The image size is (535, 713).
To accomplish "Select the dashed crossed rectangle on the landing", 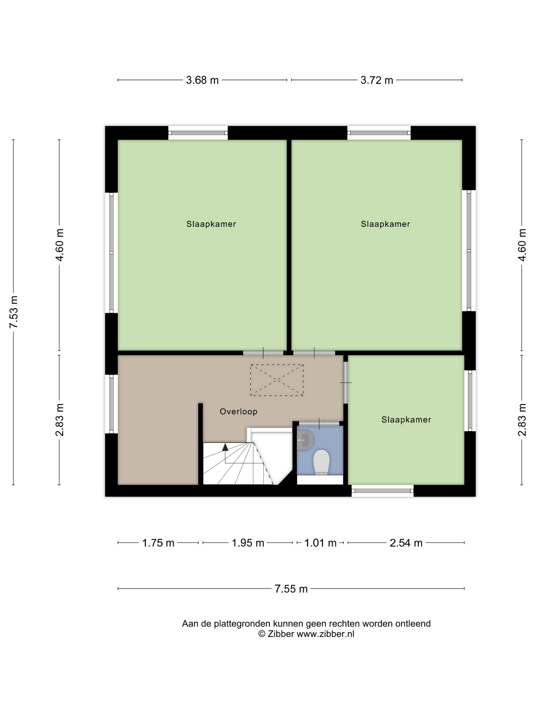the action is pyautogui.click(x=277, y=380).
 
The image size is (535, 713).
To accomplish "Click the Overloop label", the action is pyautogui.click(x=238, y=411).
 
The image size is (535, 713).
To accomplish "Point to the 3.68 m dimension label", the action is pyautogui.click(x=202, y=80).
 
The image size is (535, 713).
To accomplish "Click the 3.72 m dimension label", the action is pyautogui.click(x=377, y=80).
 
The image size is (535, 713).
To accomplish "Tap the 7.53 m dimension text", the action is pyautogui.click(x=14, y=312).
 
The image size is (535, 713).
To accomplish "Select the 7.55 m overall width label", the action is pyautogui.click(x=291, y=589).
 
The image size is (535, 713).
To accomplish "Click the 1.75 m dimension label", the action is pyautogui.click(x=158, y=543).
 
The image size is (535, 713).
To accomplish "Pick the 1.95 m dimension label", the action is pyautogui.click(x=248, y=543).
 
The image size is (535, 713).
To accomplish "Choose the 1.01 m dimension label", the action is pyautogui.click(x=320, y=543).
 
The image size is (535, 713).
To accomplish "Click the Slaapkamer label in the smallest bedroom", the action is pyautogui.click(x=406, y=419).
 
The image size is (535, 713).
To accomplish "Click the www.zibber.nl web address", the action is pyautogui.click(x=325, y=634).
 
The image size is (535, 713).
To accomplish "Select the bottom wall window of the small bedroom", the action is pyautogui.click(x=382, y=491).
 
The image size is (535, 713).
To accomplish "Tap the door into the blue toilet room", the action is pyautogui.click(x=319, y=423).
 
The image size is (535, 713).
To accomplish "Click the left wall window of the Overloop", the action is pyautogui.click(x=112, y=404).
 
